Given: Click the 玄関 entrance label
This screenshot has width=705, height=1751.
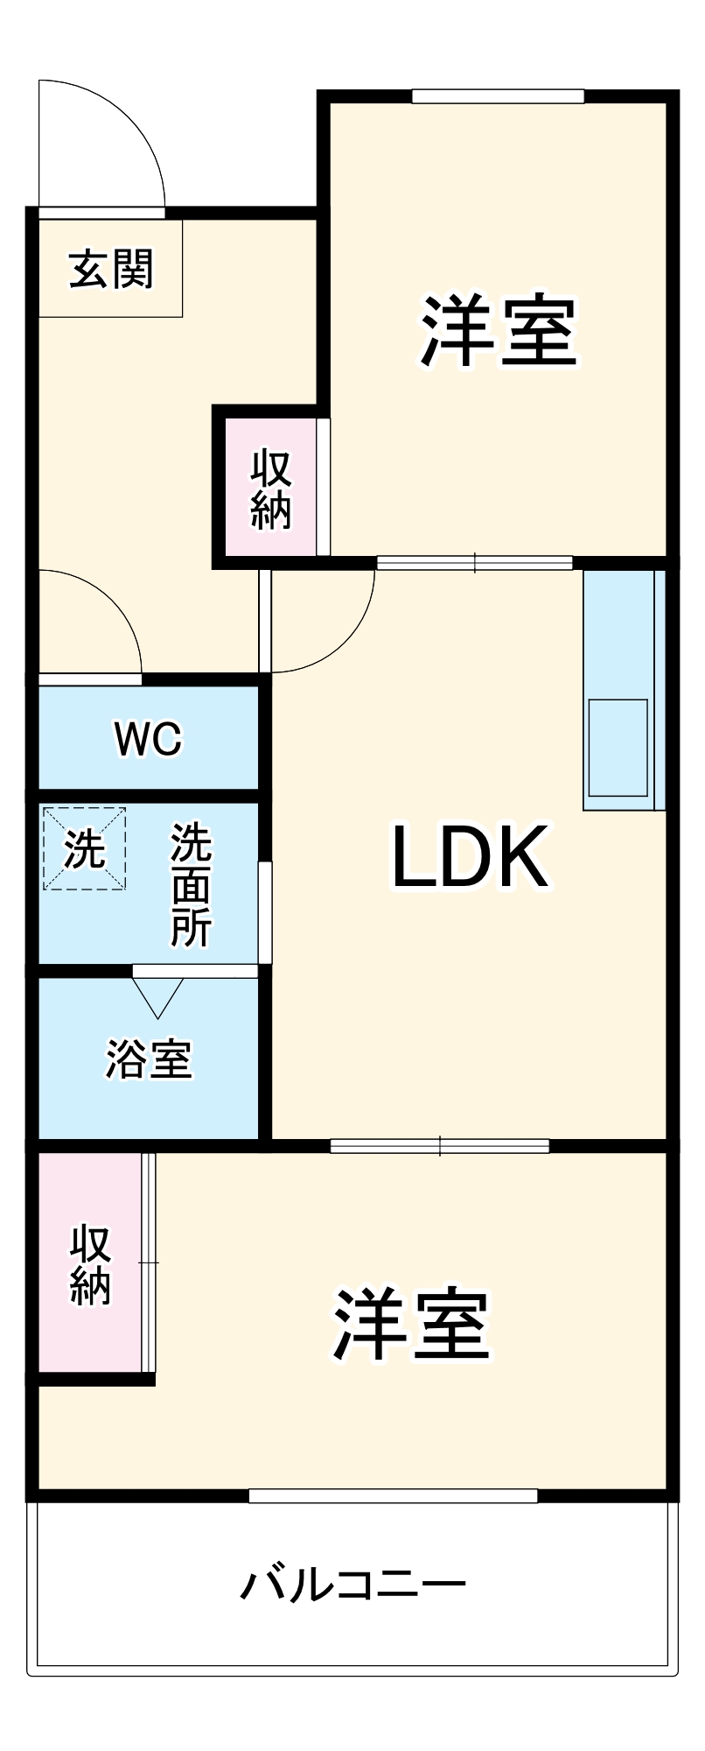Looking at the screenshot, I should (111, 269).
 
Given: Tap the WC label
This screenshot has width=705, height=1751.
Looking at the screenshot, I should (148, 740).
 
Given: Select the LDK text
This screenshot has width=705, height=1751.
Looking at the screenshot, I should (470, 858).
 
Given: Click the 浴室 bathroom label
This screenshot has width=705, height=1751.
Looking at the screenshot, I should (149, 1058).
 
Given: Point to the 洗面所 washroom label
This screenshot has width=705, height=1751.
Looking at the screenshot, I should (191, 884).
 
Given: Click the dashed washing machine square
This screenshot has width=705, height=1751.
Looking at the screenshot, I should (85, 848).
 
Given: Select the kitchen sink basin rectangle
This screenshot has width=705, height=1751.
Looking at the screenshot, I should (618, 747).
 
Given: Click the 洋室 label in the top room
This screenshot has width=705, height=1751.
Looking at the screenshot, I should (499, 333).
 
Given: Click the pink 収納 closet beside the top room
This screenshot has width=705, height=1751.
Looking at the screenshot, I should (270, 488).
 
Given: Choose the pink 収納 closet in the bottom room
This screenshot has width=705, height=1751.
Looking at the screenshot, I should (90, 1265).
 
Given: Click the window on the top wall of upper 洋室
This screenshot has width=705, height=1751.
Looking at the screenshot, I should (498, 96).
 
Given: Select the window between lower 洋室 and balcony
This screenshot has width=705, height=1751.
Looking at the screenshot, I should (393, 1495).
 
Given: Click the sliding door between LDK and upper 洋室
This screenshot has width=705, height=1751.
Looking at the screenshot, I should (474, 563).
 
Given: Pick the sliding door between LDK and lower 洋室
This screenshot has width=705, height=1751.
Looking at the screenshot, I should (440, 1145).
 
